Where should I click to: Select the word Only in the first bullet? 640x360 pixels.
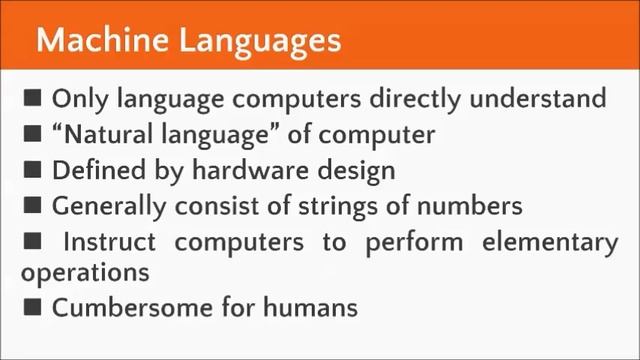[77, 99]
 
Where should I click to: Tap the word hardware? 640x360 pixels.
[242, 170]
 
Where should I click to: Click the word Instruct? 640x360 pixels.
[107, 242]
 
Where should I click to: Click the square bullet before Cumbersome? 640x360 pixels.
[34, 306]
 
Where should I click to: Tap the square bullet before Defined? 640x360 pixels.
[34, 169]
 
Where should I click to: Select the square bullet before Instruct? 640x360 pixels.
[34, 241]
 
